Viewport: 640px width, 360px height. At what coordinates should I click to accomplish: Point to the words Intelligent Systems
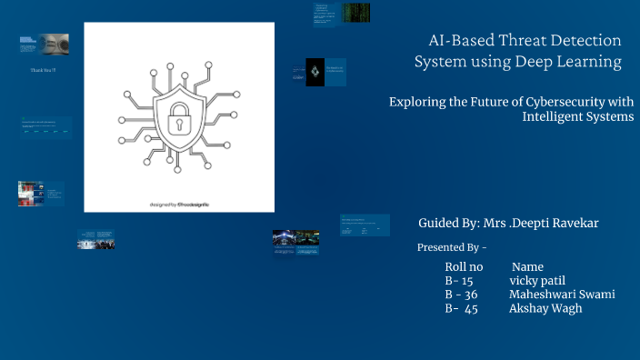tap(577, 116)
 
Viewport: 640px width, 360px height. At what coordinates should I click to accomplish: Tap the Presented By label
tap(452, 247)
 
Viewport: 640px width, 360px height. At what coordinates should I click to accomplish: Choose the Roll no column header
tap(463, 267)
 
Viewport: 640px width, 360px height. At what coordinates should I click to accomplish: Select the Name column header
tap(527, 267)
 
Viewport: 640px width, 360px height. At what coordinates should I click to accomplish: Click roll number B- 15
tap(459, 281)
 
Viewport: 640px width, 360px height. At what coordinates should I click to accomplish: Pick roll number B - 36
tap(461, 295)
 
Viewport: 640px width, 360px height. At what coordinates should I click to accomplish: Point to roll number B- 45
tap(461, 308)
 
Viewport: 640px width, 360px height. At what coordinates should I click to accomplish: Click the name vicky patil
tap(537, 281)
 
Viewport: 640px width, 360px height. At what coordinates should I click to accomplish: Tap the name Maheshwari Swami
tap(562, 295)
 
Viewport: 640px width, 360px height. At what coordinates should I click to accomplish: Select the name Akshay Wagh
tap(545, 308)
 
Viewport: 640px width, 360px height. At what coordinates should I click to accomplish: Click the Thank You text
tap(43, 70)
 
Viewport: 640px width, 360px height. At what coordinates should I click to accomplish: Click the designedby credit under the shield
tap(179, 203)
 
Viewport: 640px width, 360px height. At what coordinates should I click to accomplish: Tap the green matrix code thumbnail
tap(355, 12)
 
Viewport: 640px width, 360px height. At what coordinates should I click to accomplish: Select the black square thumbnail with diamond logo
tap(315, 72)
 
